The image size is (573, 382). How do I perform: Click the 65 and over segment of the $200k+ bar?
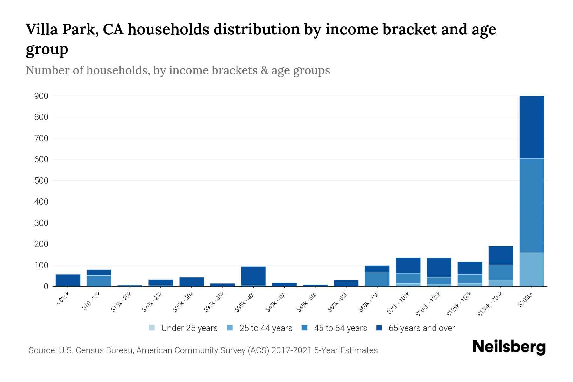[531, 127]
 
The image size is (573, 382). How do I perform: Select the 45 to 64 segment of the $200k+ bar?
[531, 205]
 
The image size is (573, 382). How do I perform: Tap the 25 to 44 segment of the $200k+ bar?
[531, 270]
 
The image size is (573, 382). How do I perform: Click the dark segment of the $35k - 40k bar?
[253, 275]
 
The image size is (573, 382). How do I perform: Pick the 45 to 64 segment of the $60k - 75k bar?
[377, 279]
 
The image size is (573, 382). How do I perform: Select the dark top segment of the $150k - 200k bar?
[500, 255]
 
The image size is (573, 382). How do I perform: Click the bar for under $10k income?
[68, 280]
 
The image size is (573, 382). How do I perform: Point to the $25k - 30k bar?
[192, 282]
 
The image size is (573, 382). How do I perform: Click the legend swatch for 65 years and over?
[379, 328]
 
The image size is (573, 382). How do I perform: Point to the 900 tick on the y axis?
[41, 96]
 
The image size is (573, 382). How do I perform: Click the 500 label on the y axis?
[41, 181]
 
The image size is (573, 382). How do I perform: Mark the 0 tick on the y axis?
[46, 286]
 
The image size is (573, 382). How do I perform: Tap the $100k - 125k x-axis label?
[428, 304]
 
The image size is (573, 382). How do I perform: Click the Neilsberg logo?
[509, 347]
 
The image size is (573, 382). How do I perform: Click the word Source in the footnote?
[41, 350]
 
